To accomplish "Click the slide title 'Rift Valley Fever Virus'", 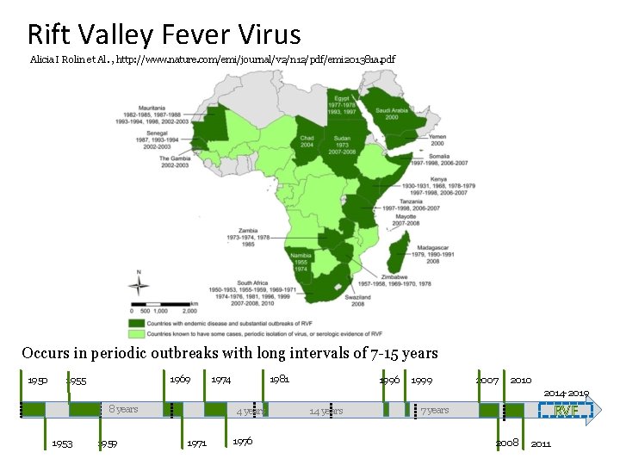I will (x=164, y=34).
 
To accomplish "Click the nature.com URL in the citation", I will (x=256, y=60).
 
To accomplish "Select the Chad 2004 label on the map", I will (x=307, y=141).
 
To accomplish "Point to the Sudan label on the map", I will (x=342, y=138).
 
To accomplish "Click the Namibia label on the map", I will (x=301, y=257).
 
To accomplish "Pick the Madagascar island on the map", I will (x=400, y=256).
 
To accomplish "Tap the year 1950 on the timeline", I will (x=37, y=381).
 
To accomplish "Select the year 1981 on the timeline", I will (x=279, y=380).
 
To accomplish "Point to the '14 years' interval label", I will (x=325, y=412).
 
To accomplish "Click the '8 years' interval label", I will (x=123, y=409).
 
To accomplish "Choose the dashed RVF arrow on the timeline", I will (x=565, y=411).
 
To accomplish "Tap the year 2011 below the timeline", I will (x=541, y=443).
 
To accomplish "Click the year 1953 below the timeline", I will (x=62, y=443).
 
